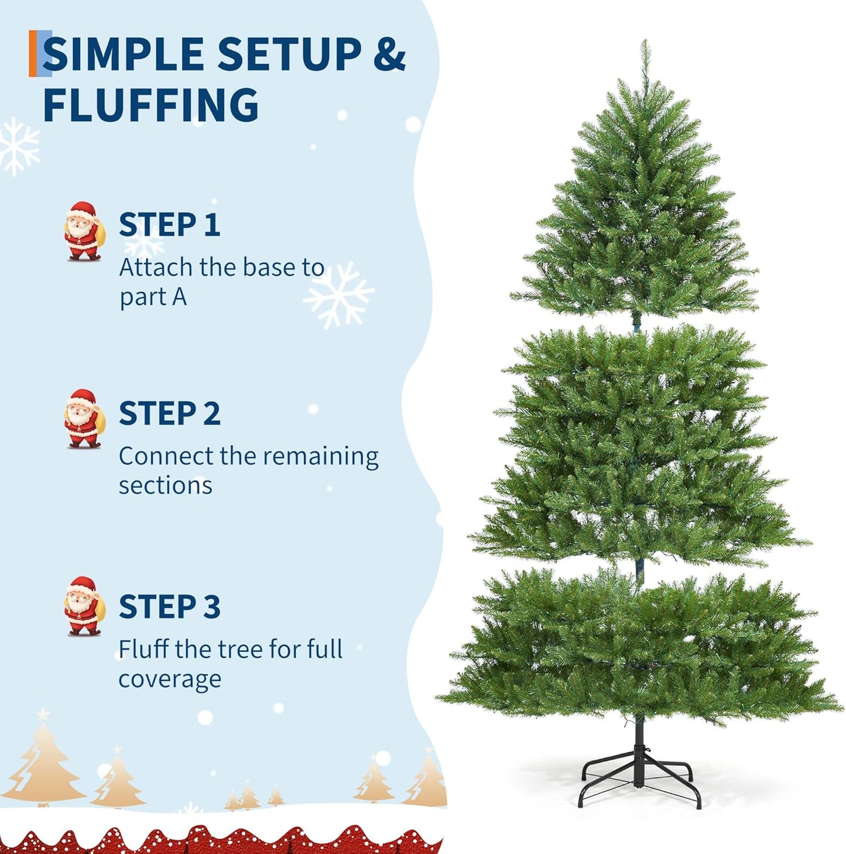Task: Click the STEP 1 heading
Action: (x=169, y=225)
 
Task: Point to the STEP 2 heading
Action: (x=169, y=414)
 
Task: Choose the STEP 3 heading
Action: (x=169, y=607)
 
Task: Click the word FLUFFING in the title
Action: (x=150, y=105)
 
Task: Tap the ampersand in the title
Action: (x=389, y=54)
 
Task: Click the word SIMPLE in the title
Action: (x=124, y=54)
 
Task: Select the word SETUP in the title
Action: (x=289, y=54)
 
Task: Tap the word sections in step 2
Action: (x=165, y=486)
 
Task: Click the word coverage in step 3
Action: (x=170, y=679)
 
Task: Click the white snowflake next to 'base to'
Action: (x=338, y=295)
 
